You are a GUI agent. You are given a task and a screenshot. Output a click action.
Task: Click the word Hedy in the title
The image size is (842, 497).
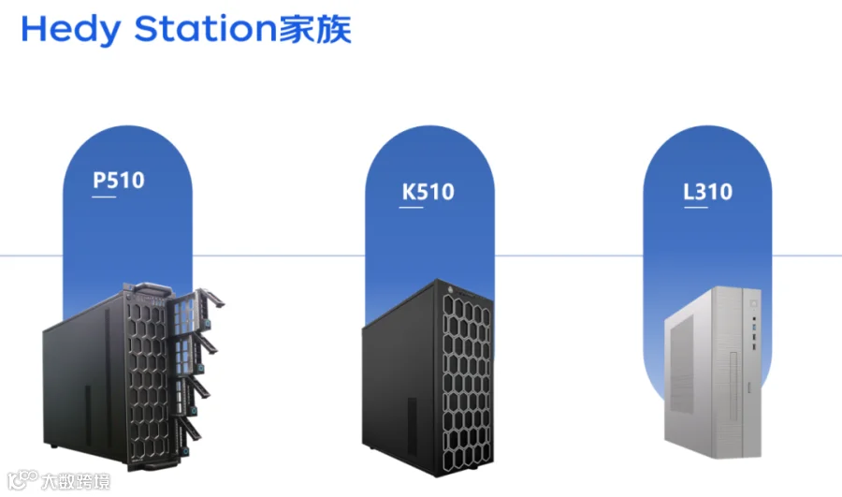(71, 30)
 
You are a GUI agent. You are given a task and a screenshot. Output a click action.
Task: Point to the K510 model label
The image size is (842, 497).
(428, 192)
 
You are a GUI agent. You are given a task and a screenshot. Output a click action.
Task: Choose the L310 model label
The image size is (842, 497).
(707, 192)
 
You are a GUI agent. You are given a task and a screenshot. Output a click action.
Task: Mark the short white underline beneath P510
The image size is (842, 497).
(102, 197)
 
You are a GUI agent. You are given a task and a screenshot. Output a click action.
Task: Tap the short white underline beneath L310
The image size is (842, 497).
(692, 209)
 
